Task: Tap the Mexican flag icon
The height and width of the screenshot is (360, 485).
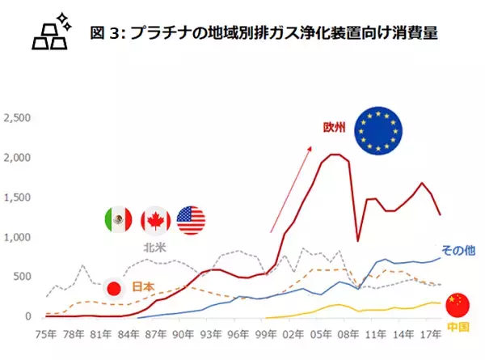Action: (x=119, y=220)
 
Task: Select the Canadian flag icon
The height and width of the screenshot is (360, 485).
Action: (x=155, y=220)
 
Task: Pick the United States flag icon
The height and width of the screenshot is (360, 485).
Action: (x=191, y=220)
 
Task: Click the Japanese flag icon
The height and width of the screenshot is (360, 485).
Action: (x=114, y=287)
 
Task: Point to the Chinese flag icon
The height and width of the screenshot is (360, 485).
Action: (x=458, y=305)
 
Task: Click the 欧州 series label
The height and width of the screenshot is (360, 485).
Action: (x=334, y=128)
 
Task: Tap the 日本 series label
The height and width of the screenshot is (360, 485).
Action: (x=143, y=286)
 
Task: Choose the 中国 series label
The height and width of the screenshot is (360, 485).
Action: (x=457, y=328)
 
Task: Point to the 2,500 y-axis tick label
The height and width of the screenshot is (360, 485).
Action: (x=18, y=118)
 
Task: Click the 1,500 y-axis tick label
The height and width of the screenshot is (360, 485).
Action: (x=18, y=197)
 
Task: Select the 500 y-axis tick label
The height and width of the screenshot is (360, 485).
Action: (x=23, y=277)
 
